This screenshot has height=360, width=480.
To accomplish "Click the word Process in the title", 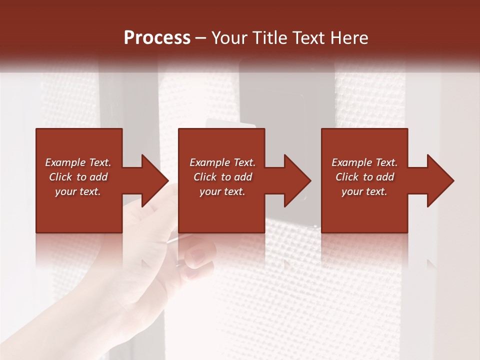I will (157, 38).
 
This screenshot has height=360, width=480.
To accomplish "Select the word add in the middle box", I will (243, 177).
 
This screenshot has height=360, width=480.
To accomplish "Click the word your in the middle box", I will (209, 191).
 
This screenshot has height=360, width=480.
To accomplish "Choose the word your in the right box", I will (351, 191).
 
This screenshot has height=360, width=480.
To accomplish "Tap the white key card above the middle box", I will (230, 123).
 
